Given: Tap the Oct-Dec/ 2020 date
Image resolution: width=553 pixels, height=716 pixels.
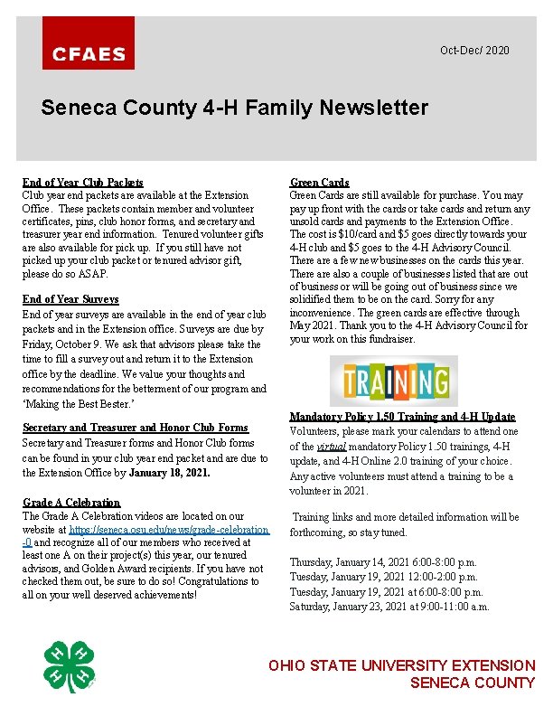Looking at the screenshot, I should [474, 50].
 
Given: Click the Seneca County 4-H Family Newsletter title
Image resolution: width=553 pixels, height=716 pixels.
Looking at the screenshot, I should [235, 108].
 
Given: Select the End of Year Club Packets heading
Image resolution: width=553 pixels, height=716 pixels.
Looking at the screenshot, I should [82, 183].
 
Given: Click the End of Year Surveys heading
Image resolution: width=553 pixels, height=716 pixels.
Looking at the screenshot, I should [70, 299].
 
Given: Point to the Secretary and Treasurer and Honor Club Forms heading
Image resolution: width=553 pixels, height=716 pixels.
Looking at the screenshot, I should [135, 428].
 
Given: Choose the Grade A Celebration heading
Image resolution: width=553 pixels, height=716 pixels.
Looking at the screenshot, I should [71, 503].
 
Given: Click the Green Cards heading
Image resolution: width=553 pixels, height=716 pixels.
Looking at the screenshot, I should [319, 183].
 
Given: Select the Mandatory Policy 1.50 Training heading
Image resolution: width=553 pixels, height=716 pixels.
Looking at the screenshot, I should [402, 417].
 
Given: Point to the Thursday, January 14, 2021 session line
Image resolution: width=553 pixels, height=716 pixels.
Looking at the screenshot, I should [383, 562].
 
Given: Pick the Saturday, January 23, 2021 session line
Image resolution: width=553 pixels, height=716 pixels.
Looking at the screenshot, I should [389, 607].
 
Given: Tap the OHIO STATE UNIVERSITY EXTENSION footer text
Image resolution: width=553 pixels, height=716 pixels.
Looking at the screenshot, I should [401, 666].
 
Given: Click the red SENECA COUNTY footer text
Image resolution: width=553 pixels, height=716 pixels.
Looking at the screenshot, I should [472, 683].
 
